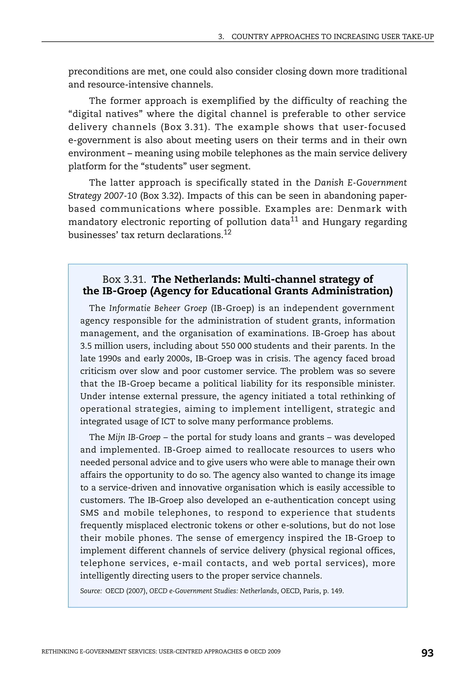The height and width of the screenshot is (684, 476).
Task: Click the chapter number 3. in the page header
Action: [x=221, y=37]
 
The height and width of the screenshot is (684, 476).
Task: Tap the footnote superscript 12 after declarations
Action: [x=228, y=232]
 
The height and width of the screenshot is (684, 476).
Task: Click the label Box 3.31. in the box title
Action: [x=124, y=280]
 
